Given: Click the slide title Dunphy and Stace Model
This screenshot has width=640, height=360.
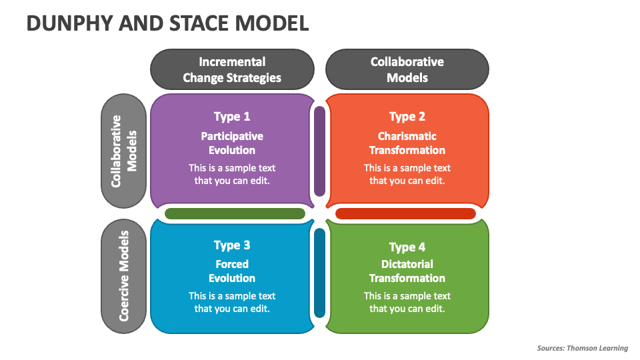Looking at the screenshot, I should (x=167, y=23).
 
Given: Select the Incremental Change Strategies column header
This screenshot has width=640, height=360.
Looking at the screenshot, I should (x=232, y=69).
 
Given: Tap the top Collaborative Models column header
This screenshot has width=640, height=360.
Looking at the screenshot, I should (x=407, y=69).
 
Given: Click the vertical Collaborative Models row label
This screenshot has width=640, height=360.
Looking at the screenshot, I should (x=123, y=151).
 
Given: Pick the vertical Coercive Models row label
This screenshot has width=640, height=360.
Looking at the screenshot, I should (x=123, y=276).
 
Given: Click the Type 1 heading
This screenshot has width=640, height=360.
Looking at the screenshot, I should (x=232, y=117).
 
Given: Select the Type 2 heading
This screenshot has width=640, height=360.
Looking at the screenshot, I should (x=407, y=117).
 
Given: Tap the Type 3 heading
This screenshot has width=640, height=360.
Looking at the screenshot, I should (x=232, y=245).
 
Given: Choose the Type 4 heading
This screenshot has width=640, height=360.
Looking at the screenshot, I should (x=407, y=247).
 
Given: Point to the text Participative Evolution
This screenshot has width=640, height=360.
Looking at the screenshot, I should (x=232, y=143).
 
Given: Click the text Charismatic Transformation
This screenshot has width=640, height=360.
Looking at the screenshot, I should (x=407, y=143).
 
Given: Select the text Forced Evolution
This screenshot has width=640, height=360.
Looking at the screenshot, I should (x=232, y=271).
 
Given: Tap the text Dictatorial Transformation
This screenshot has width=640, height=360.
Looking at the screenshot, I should (x=407, y=271).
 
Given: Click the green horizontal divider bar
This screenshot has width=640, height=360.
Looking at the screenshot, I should (x=235, y=214).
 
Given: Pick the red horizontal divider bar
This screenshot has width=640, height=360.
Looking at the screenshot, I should (x=405, y=214).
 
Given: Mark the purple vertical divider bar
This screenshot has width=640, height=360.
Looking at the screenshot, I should (x=319, y=151).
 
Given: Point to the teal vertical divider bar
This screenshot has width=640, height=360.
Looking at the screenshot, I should (x=319, y=273).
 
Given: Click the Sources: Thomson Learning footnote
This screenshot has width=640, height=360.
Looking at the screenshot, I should (x=582, y=348).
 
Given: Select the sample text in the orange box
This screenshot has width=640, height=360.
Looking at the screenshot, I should (x=407, y=174).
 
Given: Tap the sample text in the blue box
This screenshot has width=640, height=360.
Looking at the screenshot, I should (x=232, y=302).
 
